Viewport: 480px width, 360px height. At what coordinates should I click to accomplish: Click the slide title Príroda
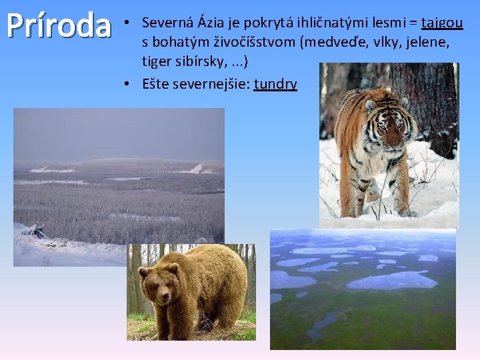(x=58, y=25)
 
